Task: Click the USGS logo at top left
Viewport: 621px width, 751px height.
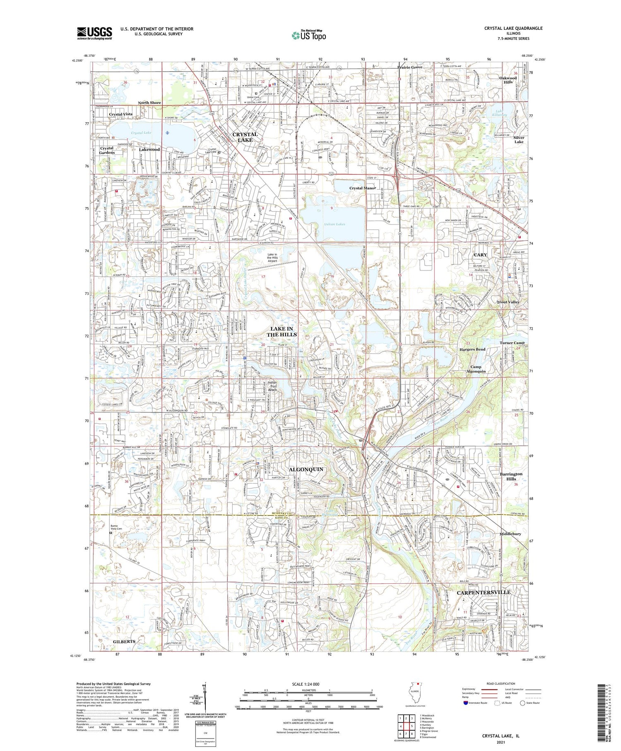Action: click(x=94, y=33)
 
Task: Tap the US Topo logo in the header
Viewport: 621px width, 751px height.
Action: click(x=308, y=36)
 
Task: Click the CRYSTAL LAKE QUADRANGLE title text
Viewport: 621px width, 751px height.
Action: click(x=513, y=28)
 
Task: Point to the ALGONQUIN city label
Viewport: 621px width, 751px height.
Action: click(x=306, y=469)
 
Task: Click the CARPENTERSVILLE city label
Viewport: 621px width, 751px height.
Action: click(x=484, y=592)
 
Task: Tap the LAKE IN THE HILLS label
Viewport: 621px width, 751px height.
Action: click(x=282, y=332)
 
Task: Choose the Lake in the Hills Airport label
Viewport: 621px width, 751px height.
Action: click(x=272, y=258)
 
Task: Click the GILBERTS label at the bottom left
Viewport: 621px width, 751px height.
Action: click(x=124, y=641)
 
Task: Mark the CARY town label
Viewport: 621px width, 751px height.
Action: click(x=480, y=255)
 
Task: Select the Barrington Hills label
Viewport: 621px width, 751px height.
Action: click(x=511, y=476)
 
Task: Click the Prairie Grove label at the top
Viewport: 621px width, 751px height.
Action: click(x=410, y=67)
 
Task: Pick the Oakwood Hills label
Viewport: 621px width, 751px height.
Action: click(x=508, y=80)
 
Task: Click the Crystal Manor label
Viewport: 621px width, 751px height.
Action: click(x=363, y=188)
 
